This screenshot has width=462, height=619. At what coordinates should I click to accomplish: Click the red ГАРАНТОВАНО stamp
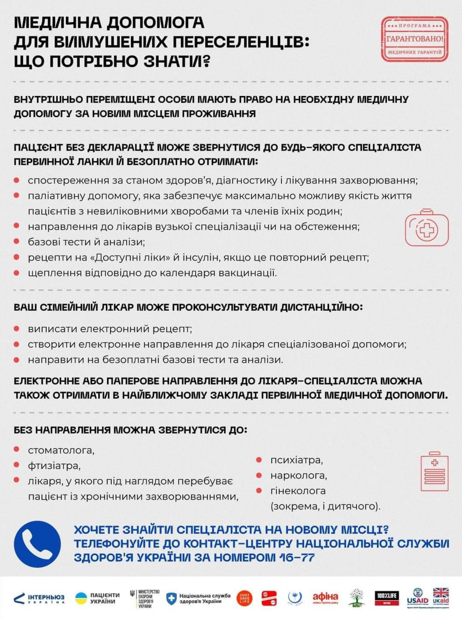tap(415, 39)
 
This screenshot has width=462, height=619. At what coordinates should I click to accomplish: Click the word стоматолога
tap(61, 451)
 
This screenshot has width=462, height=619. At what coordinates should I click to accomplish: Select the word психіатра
tap(296, 460)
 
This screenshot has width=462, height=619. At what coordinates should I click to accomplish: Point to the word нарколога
tap(299, 475)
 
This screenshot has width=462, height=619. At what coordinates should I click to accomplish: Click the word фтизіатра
tap(54, 466)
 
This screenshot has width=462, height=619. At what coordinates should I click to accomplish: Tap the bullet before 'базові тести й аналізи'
tap(17, 241)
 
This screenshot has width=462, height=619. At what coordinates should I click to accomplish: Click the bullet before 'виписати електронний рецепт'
tap(17, 329)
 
